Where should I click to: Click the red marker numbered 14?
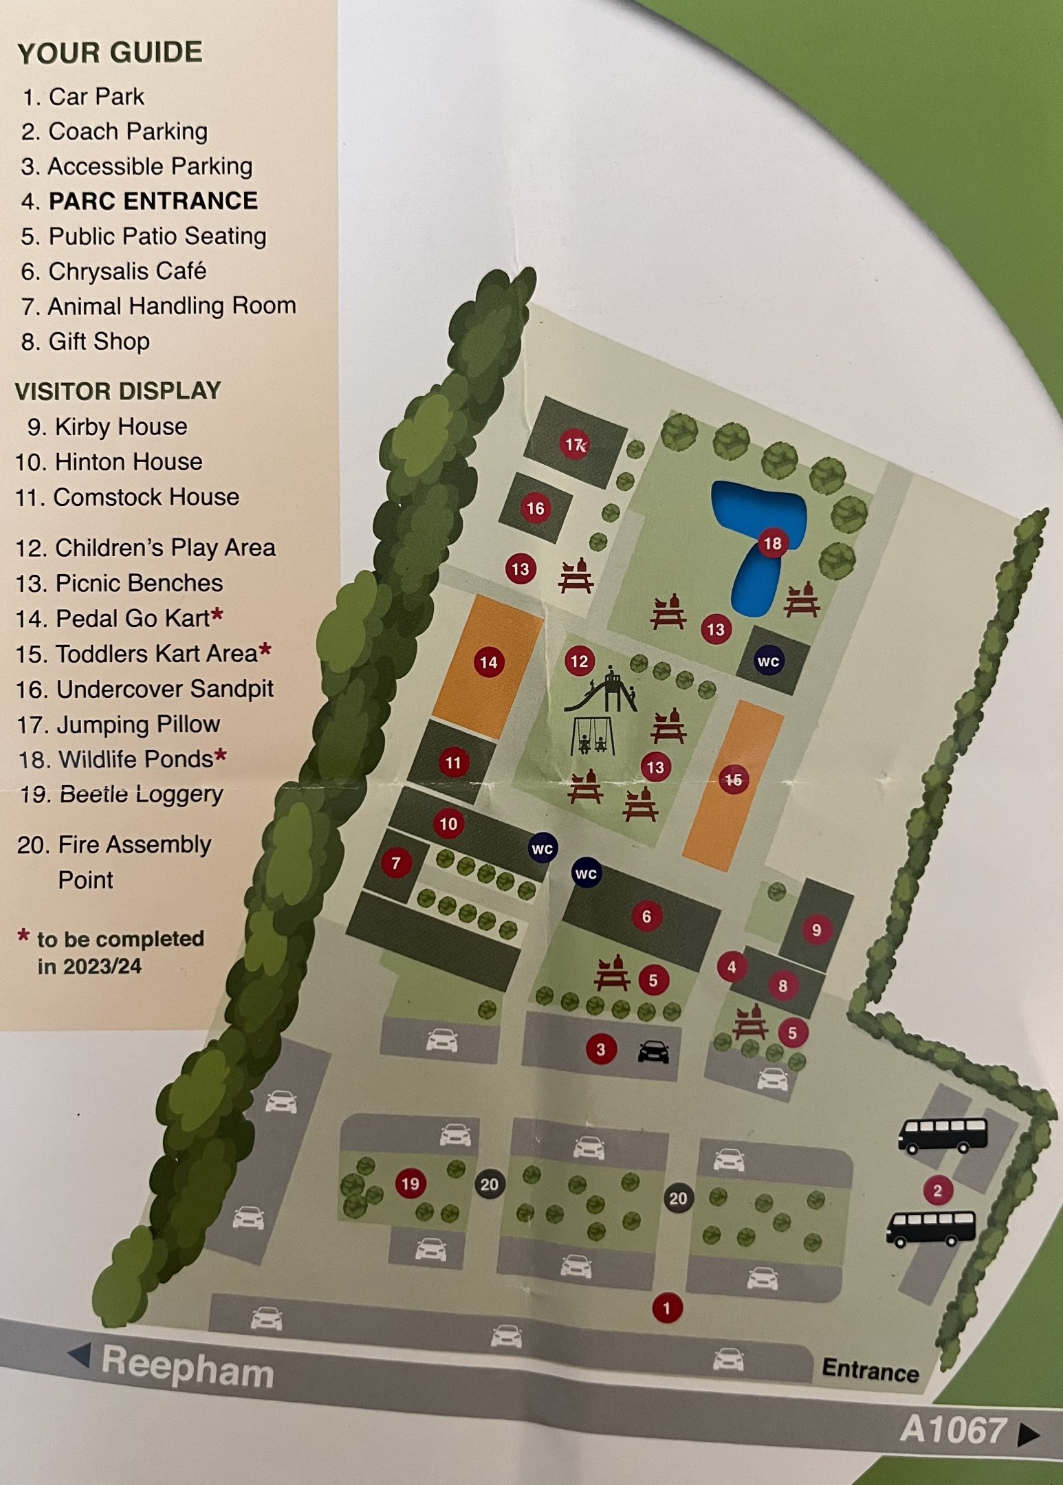489,662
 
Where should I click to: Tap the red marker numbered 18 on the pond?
772,544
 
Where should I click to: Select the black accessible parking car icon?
653,1051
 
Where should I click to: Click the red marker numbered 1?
666,1308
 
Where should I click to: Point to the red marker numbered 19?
410,1184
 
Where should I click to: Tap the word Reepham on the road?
187,1367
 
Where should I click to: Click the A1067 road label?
952,1430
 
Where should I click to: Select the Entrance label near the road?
870,1370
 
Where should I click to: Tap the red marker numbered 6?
646,916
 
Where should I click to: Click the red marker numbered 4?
732,967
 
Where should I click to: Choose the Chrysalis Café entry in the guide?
114,272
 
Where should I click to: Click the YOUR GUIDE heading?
110,53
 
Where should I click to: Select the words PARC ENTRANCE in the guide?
153,201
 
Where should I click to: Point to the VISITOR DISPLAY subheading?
118,391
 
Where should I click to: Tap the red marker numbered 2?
938,1190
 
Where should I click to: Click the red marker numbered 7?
396,863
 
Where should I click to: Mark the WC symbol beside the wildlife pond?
768,661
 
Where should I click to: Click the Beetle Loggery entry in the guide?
122,795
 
